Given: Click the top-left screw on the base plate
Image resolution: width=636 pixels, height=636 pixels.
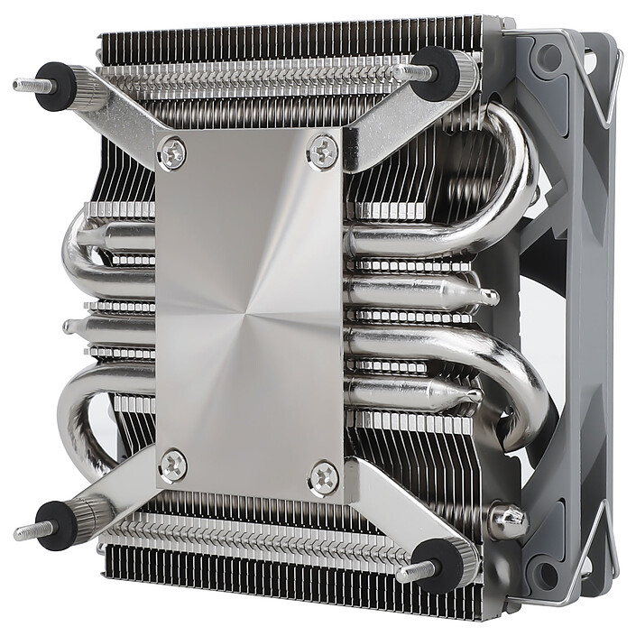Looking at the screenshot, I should pos(171,152).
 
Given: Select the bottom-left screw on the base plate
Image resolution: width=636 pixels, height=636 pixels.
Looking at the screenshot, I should pos(173,465).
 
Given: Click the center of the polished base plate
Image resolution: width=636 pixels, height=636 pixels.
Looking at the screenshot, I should pos(248,311).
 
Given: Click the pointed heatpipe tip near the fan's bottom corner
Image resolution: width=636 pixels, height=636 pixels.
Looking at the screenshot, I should pos(508,517).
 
